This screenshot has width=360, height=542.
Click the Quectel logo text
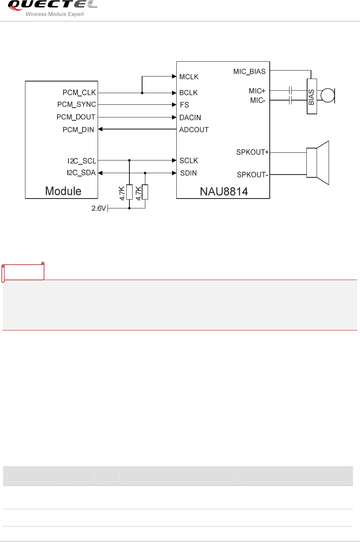pyautogui.click(x=52, y=5)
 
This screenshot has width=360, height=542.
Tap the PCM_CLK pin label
pyautogui.click(x=79, y=93)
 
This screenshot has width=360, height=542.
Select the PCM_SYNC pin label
pyautogui.click(x=77, y=105)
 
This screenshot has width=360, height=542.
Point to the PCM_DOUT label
pyautogui.click(x=76, y=117)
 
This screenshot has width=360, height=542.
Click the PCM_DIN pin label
pyautogui.click(x=78, y=130)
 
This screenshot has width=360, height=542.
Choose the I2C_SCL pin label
pyautogui.click(x=82, y=161)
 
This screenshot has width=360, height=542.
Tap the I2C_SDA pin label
pyautogui.click(x=81, y=173)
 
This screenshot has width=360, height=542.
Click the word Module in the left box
pyautogui.click(x=63, y=191)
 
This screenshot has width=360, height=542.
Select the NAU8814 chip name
pyautogui.click(x=224, y=191)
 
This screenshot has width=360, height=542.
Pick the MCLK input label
pyautogui.click(x=189, y=77)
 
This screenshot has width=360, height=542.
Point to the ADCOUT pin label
pyautogui.click(x=194, y=130)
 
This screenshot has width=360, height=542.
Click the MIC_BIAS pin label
pyautogui.click(x=249, y=72)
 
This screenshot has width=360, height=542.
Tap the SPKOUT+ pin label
pyautogui.click(x=252, y=152)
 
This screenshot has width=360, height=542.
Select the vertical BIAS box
pyautogui.click(x=312, y=96)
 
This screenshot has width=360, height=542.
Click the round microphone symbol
pyautogui.click(x=328, y=95)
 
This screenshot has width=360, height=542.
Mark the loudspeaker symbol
pyautogui.click(x=318, y=163)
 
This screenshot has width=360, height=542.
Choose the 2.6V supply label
pyautogui.click(x=99, y=208)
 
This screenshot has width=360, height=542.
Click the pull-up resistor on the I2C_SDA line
pyautogui.click(x=145, y=192)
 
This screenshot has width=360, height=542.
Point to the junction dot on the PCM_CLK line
pyautogui.click(x=142, y=93)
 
